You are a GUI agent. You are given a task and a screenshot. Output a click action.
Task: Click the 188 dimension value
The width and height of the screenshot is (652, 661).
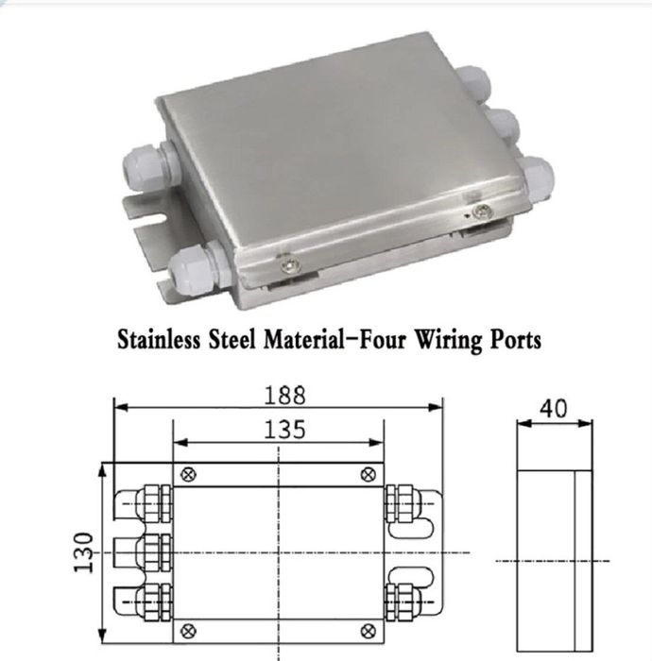(x=284, y=396)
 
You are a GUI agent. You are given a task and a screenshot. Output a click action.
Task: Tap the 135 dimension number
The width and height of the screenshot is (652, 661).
(x=284, y=430)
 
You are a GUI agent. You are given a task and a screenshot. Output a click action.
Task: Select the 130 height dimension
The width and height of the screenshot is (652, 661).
(x=83, y=552)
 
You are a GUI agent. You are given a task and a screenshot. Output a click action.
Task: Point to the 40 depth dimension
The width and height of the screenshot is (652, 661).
(x=554, y=409)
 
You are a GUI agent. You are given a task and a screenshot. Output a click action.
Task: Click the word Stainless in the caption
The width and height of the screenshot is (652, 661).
(x=159, y=339)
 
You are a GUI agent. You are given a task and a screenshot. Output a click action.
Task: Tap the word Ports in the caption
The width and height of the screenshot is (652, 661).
(x=515, y=340)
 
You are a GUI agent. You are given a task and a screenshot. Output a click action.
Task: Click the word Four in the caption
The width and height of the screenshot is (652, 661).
(x=383, y=339)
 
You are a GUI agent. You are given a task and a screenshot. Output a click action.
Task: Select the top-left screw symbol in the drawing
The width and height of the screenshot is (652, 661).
(x=188, y=475)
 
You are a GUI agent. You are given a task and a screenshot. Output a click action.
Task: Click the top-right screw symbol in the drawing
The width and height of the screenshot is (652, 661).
(x=369, y=475)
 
